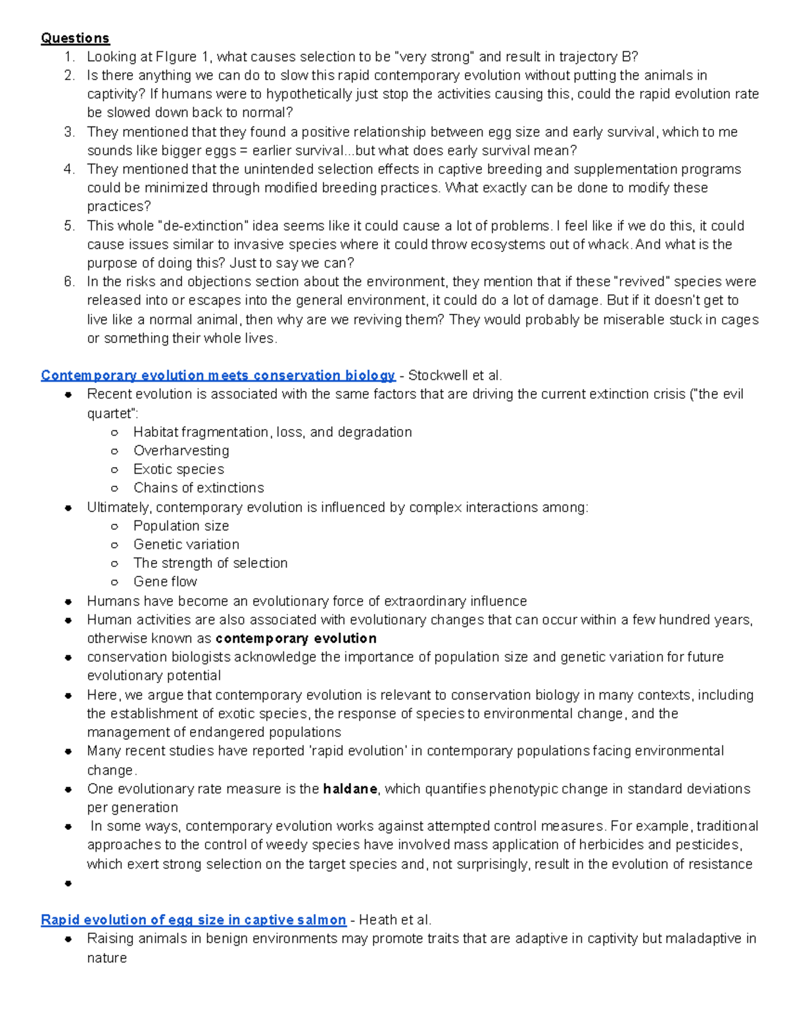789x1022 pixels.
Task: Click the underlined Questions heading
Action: pyautogui.click(x=75, y=38)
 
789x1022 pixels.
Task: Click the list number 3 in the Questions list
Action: pyautogui.click(x=69, y=132)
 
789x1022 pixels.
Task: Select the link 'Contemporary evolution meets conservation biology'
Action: pyautogui.click(x=218, y=376)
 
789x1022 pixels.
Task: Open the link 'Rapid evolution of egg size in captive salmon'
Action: pyautogui.click(x=193, y=920)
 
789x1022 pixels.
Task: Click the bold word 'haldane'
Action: pyautogui.click(x=350, y=789)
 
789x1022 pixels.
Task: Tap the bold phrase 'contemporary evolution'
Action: pyautogui.click(x=296, y=638)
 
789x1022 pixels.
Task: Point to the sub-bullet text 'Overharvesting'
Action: pyautogui.click(x=181, y=451)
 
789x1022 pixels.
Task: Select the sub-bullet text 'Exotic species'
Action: pyautogui.click(x=179, y=469)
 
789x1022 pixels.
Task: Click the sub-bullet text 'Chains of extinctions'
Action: pyautogui.click(x=199, y=488)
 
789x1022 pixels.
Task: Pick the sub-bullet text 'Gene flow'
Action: pyautogui.click(x=165, y=582)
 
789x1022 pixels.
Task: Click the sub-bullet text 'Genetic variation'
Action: pyautogui.click(x=186, y=544)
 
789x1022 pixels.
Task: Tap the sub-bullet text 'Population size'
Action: pyautogui.click(x=181, y=526)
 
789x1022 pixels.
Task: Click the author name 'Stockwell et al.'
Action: pyautogui.click(x=455, y=376)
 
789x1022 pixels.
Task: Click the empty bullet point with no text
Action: pyautogui.click(x=68, y=883)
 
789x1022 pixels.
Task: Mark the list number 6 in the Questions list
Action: pyautogui.click(x=69, y=282)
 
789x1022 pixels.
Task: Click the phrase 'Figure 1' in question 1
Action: pyautogui.click(x=184, y=57)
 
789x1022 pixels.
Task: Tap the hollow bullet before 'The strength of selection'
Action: pyautogui.click(x=114, y=563)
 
